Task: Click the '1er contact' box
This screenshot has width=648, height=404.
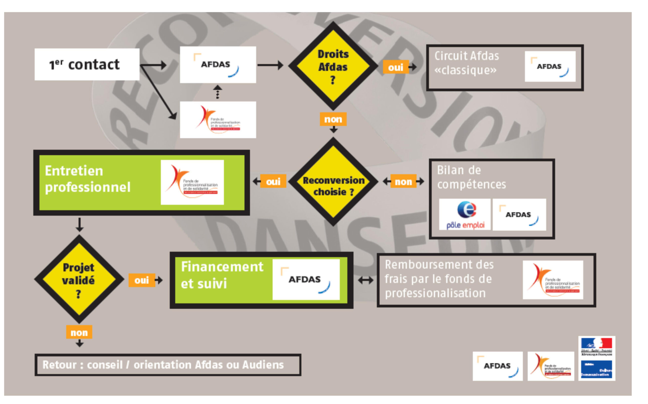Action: (x=87, y=64)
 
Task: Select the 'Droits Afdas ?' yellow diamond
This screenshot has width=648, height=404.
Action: (x=333, y=66)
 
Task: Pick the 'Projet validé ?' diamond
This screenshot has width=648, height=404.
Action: (x=79, y=279)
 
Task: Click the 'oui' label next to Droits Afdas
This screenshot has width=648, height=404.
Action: (x=395, y=67)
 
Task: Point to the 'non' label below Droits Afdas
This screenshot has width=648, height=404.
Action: (x=333, y=119)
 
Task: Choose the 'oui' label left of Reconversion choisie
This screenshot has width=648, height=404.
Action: (x=273, y=181)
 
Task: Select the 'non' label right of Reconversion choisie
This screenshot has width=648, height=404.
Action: (x=403, y=181)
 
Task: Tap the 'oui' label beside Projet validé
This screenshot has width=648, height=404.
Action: (x=141, y=280)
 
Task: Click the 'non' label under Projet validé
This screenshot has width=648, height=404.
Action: (x=79, y=332)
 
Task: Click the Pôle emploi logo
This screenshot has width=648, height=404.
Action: (x=465, y=214)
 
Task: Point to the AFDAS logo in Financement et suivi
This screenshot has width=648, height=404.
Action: (x=306, y=279)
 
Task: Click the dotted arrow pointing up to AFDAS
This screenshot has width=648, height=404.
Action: (x=218, y=92)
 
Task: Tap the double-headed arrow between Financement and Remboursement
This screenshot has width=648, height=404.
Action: (x=366, y=280)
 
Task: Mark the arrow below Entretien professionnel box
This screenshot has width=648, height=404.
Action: (x=79, y=224)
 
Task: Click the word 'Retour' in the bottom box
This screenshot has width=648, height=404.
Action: (x=60, y=365)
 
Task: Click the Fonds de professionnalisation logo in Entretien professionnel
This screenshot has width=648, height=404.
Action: (x=192, y=182)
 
